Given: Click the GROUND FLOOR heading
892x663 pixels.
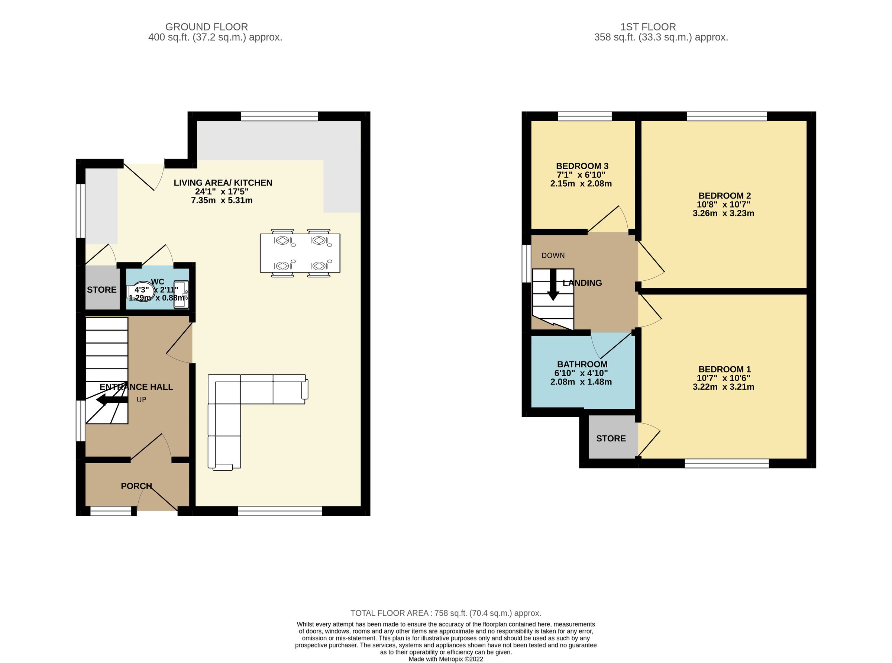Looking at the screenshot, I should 206,27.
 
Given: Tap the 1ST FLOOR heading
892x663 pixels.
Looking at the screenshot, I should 648,27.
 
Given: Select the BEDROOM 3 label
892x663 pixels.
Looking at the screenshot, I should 582,166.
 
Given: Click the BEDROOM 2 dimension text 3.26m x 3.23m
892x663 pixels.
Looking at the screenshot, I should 723,213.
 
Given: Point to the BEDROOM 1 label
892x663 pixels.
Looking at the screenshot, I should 724,369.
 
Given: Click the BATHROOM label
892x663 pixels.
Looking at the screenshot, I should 582,364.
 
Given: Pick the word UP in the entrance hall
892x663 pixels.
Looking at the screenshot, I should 141,400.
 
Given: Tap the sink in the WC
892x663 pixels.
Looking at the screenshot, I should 181,295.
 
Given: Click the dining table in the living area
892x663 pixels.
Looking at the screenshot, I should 300,253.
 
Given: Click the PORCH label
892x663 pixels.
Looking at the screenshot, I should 136,486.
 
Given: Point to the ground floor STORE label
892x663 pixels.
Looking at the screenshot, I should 101,290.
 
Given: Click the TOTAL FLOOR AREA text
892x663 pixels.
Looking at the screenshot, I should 446,613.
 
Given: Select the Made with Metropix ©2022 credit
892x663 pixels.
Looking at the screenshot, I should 446,659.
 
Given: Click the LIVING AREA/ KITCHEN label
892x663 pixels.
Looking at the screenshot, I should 223,183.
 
